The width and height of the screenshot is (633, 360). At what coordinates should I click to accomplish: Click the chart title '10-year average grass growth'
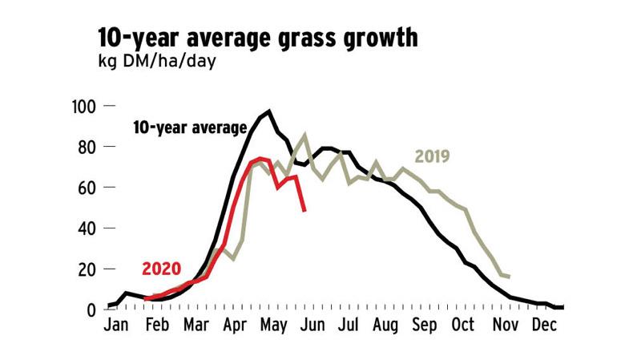[258, 37]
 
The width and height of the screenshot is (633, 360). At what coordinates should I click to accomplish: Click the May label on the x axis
[273, 327]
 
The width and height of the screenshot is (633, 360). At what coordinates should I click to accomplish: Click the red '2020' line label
[162, 269]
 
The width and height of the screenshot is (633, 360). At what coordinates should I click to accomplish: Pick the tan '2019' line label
[433, 156]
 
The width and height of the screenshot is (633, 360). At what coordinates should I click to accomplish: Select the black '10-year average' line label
[190, 127]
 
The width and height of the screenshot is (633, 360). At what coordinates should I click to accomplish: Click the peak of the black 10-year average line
[268, 111]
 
